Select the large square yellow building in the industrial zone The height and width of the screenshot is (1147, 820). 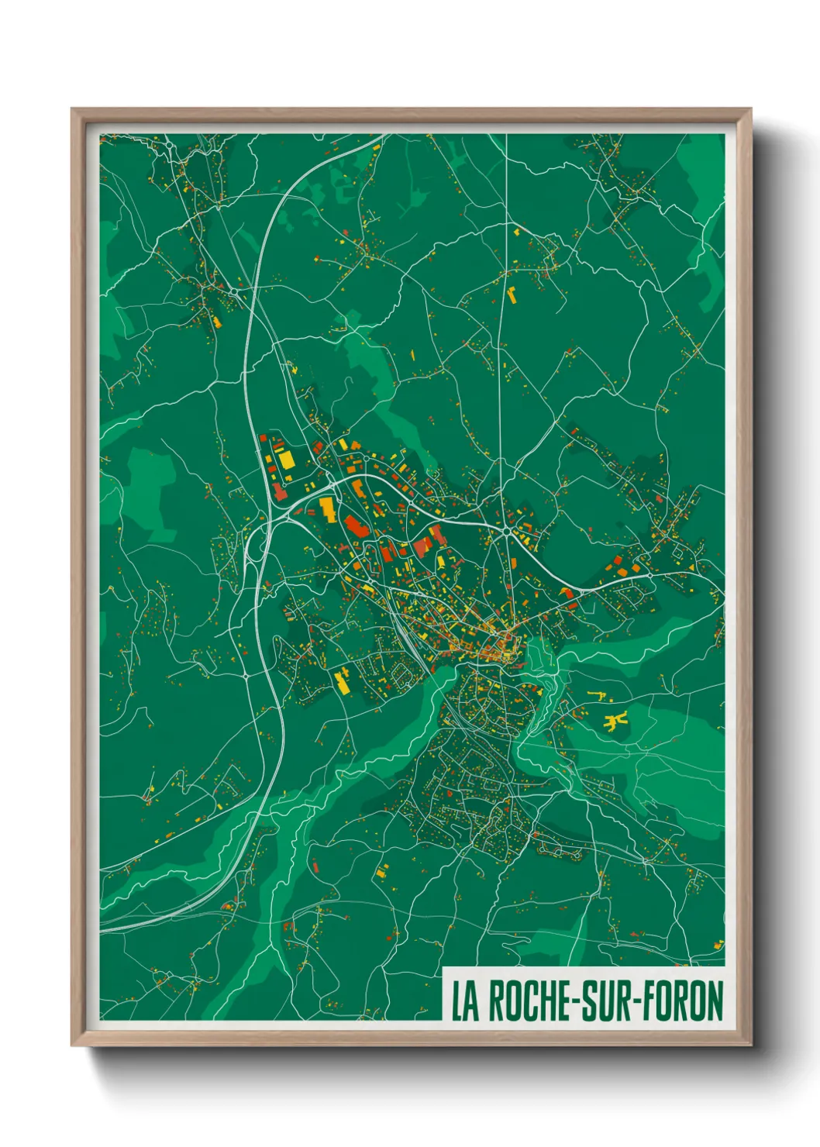[x=286, y=460]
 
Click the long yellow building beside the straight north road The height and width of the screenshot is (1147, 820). [x=512, y=294]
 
